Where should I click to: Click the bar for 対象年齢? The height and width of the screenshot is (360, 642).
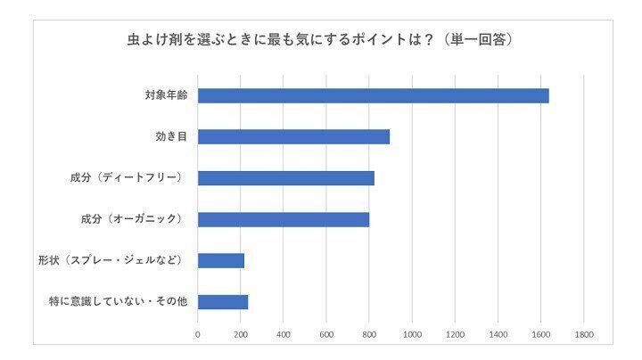point(373,96)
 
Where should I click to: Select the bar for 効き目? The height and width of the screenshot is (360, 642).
point(293,137)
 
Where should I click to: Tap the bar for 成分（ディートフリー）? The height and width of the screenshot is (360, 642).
point(285,178)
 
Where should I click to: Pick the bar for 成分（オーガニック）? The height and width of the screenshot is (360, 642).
point(283,219)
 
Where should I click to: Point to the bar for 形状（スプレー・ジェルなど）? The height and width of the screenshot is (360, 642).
point(220,260)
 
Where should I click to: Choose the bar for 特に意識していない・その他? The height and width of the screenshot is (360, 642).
point(222,302)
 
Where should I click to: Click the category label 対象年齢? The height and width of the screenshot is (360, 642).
point(166,96)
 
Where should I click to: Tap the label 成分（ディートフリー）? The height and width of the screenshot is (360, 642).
point(126,178)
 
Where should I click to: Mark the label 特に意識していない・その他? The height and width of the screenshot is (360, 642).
point(118,302)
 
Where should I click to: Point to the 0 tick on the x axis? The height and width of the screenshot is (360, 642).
point(198,335)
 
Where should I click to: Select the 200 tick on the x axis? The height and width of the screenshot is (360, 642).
point(241,335)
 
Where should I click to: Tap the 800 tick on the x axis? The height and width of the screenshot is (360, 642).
point(369,335)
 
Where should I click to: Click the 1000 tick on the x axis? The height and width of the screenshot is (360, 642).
point(412,335)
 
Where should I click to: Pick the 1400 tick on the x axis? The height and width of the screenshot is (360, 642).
point(498,335)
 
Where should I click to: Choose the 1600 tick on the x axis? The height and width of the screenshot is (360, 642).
point(540,335)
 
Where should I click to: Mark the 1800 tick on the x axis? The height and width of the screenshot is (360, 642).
point(584,335)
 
